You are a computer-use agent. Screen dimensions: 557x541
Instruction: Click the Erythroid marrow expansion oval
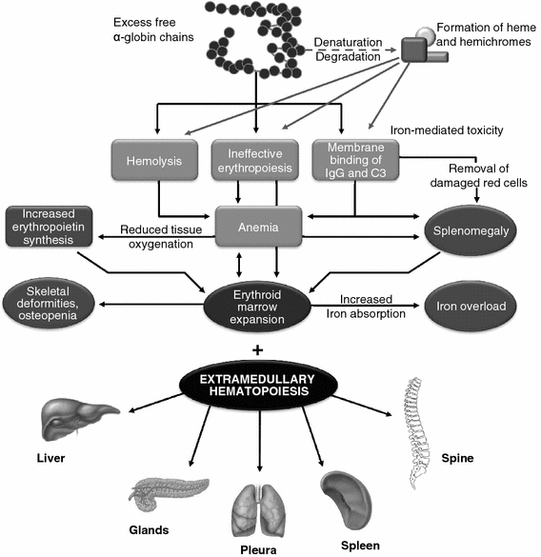(259, 308)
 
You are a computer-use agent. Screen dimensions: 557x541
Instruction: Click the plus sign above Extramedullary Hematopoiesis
(258, 348)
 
